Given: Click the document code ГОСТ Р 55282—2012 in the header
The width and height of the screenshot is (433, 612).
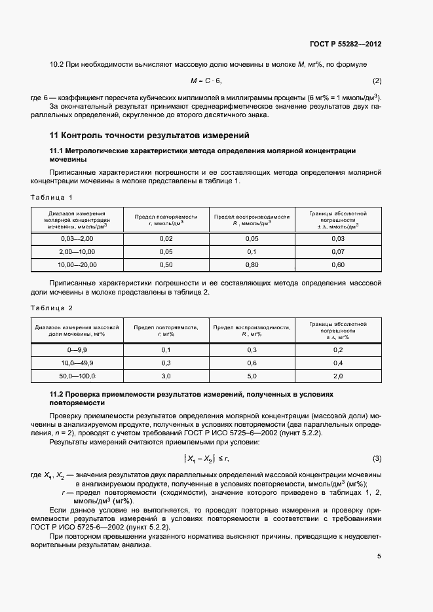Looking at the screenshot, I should coord(345,45).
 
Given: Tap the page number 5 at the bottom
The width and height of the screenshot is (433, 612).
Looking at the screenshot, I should coord(379,557).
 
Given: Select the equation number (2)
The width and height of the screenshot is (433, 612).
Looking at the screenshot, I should coord(377,81).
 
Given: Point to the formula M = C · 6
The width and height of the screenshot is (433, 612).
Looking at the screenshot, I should coord(206,81).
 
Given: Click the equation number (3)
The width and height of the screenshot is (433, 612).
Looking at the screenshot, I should coord(377,458).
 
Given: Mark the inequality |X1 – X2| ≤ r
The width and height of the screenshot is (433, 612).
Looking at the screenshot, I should coord(206,458).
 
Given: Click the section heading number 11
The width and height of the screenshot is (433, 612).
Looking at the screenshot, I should coord(55,135).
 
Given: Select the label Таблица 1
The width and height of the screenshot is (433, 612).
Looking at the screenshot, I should coord(52,197).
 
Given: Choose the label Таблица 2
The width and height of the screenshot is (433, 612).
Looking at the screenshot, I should coord(52,308).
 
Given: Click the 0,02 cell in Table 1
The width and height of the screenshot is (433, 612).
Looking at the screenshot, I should coord(166,239).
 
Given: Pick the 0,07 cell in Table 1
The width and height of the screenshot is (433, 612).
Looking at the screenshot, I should coord(338,252).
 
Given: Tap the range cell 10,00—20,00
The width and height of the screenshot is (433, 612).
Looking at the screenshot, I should coord(77,264).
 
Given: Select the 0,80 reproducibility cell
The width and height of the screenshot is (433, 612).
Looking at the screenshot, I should coord(252,264).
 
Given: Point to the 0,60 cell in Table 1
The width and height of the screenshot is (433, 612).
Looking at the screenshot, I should coord(338,264).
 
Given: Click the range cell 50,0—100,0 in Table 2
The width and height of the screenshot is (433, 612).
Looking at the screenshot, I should coord(77,376).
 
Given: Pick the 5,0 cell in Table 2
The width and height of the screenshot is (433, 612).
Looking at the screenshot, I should coord(252,376).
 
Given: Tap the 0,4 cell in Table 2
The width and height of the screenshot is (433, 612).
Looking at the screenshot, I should coord(338,363).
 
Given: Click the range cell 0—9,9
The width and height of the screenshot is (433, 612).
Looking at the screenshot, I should coord(77,350).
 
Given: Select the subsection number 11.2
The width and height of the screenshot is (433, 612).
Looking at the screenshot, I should coord(58,395).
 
